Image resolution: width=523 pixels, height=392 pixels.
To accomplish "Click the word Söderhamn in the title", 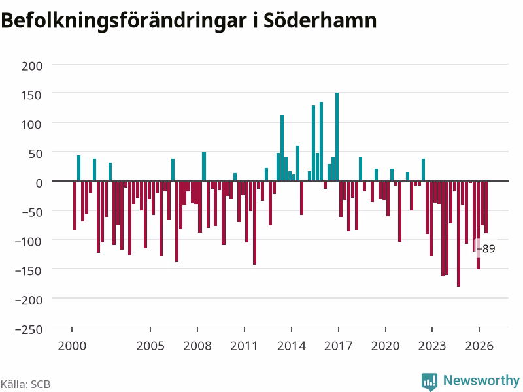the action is [320, 20].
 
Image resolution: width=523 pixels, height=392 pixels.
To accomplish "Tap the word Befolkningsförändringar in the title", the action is [124, 22].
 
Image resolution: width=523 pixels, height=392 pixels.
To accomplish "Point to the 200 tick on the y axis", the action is [32, 66].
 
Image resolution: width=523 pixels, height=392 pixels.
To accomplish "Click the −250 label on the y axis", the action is [29, 329].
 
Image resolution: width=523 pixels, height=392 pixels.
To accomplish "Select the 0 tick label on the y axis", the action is [39, 183].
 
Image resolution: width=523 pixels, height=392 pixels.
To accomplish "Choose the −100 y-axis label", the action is [29, 241].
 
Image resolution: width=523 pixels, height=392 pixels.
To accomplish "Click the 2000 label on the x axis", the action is [72, 346].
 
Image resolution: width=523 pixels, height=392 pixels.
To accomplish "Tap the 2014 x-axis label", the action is [292, 346].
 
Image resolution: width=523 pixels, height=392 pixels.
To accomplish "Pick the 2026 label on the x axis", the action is [479, 346].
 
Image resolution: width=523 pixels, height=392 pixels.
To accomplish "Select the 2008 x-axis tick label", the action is [197, 346].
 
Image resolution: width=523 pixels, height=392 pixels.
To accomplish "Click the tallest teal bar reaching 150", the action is [337, 137].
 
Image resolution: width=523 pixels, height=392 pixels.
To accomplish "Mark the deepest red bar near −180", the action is [459, 234].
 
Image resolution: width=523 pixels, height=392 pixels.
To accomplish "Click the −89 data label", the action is [486, 249].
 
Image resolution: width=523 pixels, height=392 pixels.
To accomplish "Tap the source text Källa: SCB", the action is [25, 384].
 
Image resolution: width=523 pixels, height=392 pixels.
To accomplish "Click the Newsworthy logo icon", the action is [430, 382].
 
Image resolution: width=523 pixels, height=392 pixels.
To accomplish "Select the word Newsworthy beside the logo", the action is [481, 380].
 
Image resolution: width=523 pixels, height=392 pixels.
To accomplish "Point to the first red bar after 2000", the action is [75, 205].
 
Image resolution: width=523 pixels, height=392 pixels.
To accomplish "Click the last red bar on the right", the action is [486, 207].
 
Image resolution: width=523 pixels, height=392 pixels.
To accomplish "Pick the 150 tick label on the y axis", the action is [31, 95].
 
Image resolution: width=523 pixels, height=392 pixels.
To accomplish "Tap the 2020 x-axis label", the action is [385, 346].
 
